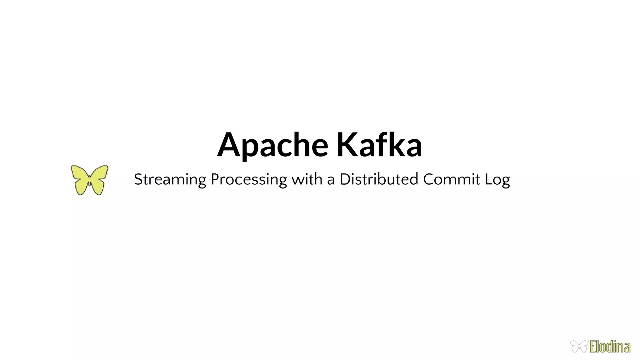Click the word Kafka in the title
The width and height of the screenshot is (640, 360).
point(379,145)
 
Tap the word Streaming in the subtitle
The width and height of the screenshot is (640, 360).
point(170,180)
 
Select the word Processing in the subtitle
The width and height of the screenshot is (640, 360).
point(249,180)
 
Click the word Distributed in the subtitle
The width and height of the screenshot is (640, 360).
point(379,179)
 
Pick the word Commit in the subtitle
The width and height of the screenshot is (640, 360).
point(451,179)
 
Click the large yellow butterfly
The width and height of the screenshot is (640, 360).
point(90,180)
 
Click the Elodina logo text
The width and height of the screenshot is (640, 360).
point(610,347)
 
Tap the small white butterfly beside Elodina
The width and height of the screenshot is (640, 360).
point(579,346)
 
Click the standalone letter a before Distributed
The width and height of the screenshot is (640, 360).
point(331,180)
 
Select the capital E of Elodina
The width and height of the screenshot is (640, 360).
point(593,347)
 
